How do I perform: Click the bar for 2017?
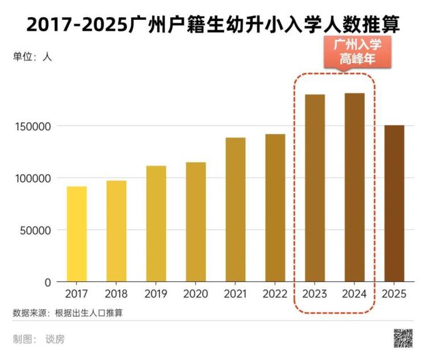point(77,234)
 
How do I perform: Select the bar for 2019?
point(156,224)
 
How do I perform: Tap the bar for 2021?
point(235,209)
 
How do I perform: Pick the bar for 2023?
point(315,188)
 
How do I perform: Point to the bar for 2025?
point(394,203)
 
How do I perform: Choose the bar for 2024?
point(354,187)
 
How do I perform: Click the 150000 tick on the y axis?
point(32,126)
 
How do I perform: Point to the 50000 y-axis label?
point(35,230)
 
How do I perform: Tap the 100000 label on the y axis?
point(32,178)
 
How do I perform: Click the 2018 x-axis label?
point(116,294)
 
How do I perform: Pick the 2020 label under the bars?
point(195,294)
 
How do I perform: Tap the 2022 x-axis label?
point(275,294)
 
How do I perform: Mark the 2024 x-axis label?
point(354,294)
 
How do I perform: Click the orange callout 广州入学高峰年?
point(357,51)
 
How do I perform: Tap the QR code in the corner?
point(403,338)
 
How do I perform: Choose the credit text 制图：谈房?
point(39,340)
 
